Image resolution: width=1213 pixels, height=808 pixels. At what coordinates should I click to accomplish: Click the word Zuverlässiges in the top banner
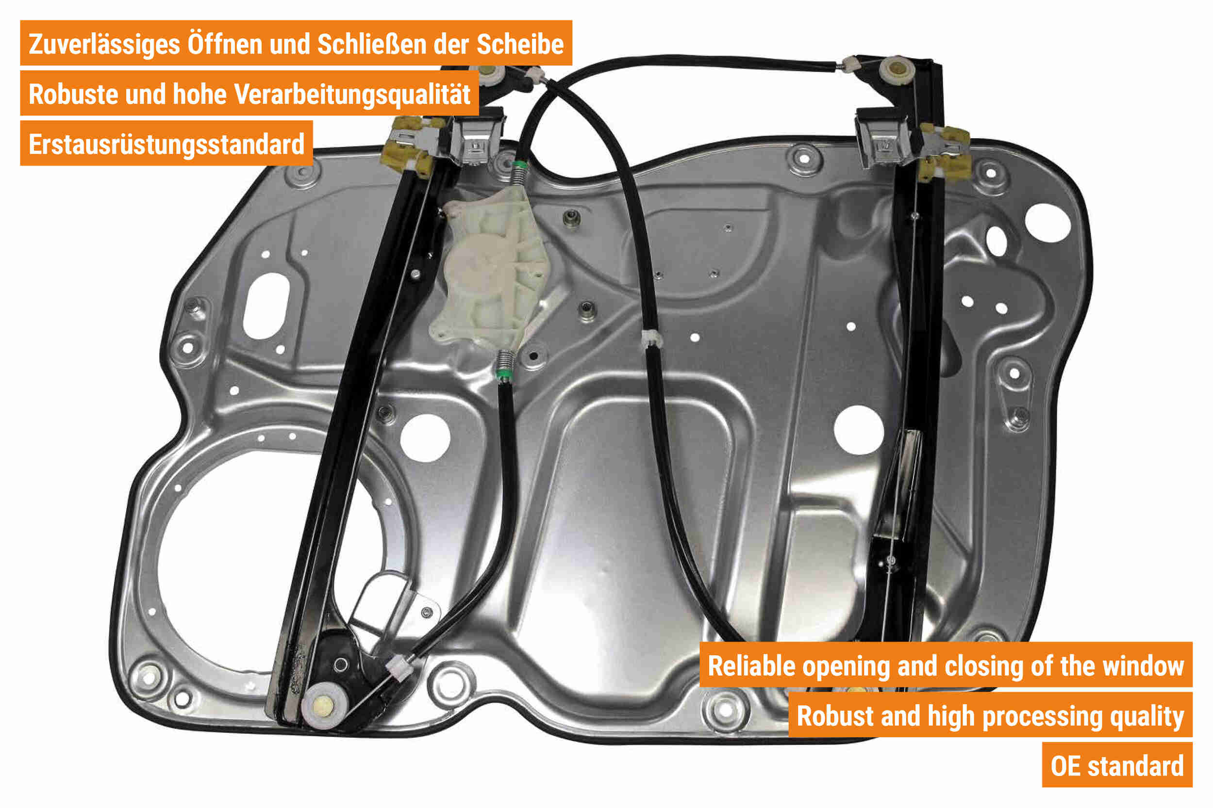104,45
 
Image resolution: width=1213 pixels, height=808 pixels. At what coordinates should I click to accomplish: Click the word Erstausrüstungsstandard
166,145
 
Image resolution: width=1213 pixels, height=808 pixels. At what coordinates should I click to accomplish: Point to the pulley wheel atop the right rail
897,71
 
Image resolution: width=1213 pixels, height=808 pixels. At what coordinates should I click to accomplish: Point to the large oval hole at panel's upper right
1048,223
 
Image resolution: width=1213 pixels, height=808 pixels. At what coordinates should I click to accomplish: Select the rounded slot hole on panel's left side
266,306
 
